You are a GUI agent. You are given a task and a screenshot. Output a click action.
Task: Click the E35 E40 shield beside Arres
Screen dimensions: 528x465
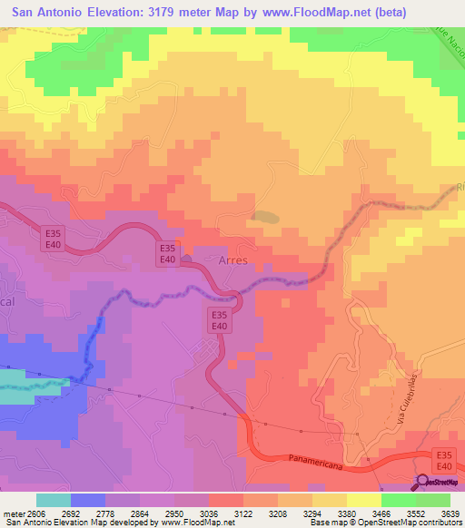coord(167,253)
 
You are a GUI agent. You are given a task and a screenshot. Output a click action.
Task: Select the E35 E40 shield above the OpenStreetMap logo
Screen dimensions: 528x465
coord(443,459)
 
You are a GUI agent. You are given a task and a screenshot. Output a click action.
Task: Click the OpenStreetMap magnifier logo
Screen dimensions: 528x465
coord(422,483)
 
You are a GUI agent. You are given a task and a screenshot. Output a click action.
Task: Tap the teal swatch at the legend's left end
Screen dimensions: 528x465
coord(54,500)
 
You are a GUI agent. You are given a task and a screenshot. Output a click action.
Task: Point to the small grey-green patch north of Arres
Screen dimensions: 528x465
coord(266,217)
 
